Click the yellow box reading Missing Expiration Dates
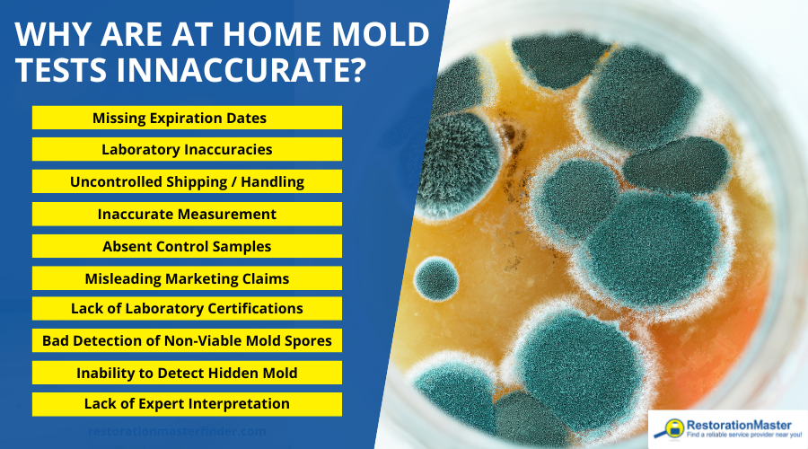[187, 118]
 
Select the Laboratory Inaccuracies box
[187, 149]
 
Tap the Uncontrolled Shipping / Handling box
[187, 181]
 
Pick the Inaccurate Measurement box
[187, 214]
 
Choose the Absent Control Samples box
[187, 245]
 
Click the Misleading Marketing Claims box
[187, 277]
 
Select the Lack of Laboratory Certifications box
[187, 308]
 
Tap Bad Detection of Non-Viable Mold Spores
[187, 340]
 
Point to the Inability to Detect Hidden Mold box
[187, 372]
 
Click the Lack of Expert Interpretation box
[187, 403]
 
